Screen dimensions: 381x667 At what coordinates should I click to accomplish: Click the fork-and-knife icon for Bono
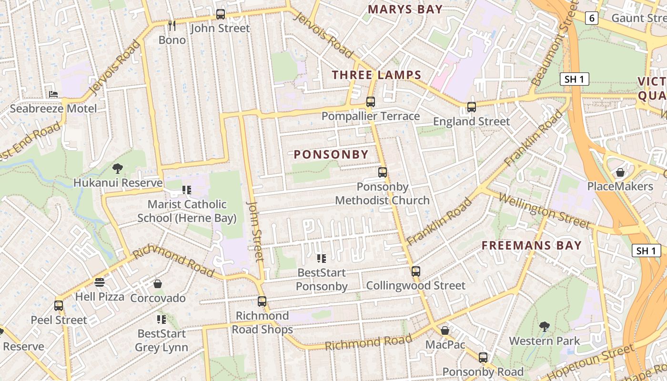click(x=172, y=25)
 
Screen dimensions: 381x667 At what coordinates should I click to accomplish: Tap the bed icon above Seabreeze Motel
click(x=53, y=94)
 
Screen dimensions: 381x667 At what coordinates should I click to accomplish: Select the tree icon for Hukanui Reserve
click(x=117, y=168)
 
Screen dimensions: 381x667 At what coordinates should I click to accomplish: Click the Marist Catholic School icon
click(x=187, y=190)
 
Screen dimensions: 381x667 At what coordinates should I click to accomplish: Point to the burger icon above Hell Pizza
click(x=100, y=282)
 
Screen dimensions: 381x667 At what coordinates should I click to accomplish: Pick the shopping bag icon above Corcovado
click(x=158, y=284)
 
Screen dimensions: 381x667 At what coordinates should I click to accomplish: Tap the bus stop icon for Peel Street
click(x=59, y=305)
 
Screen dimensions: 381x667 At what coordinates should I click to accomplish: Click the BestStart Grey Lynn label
click(x=162, y=340)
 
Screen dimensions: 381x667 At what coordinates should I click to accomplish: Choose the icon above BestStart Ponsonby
click(x=322, y=259)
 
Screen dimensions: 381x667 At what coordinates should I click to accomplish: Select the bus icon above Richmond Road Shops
click(x=262, y=301)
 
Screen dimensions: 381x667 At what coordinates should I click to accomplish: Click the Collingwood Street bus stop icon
click(x=416, y=271)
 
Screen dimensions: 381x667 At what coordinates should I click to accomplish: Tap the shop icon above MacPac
click(x=445, y=330)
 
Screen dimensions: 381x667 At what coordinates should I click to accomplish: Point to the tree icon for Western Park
click(x=545, y=326)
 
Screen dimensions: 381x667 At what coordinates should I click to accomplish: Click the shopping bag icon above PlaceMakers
click(x=620, y=172)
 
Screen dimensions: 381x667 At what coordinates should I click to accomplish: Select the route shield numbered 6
click(x=592, y=18)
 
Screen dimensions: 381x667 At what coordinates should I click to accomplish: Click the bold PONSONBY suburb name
click(x=331, y=154)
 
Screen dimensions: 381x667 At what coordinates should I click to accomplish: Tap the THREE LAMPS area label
click(x=376, y=75)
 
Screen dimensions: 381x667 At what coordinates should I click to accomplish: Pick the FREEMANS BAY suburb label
click(x=531, y=246)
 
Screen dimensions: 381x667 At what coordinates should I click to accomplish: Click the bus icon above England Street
click(x=472, y=107)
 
